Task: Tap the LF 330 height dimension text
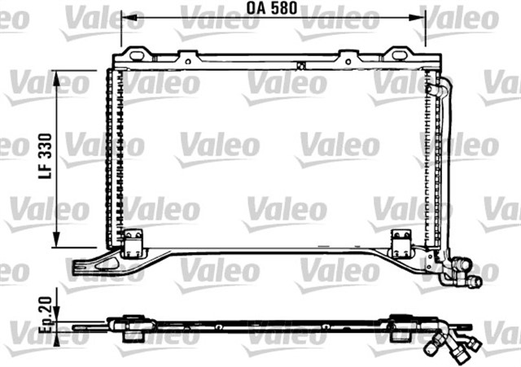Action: coord(46,157)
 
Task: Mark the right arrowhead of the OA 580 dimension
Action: coord(422,20)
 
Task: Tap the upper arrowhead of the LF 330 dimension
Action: coord(56,75)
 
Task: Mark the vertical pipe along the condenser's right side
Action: coord(444,171)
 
